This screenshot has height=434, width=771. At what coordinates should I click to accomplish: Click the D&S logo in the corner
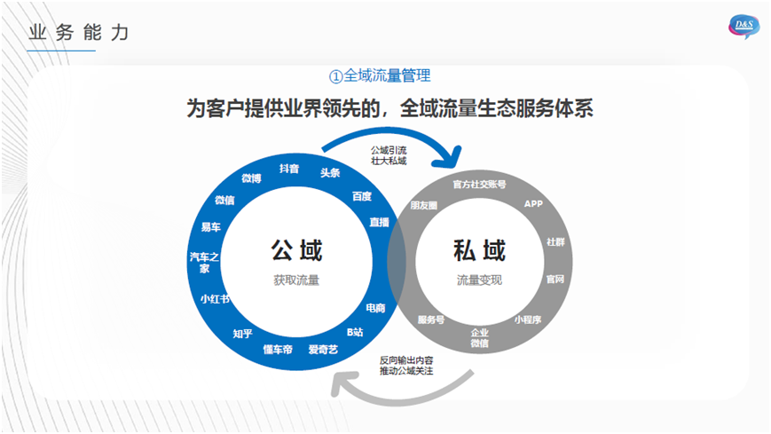743,27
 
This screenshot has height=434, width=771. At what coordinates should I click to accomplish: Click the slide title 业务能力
79,33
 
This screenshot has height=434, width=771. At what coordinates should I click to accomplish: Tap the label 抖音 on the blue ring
289,168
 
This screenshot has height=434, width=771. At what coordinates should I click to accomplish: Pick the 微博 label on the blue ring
251,178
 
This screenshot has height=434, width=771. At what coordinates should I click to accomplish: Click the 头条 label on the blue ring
330,173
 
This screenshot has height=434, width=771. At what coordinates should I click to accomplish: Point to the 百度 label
361,196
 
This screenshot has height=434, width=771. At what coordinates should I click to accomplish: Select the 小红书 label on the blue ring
215,299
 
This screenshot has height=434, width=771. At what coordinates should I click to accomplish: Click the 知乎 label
243,334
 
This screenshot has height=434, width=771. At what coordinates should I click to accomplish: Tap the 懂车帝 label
279,349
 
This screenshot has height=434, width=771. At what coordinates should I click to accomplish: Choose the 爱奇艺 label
323,349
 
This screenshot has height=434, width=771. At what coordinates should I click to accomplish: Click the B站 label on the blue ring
355,332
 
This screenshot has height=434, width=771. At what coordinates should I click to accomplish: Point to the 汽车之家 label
204,263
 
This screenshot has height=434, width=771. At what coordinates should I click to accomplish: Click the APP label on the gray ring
533,204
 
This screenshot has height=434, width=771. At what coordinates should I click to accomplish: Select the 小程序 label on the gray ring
528,320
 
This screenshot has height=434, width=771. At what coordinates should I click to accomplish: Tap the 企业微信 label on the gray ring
479,337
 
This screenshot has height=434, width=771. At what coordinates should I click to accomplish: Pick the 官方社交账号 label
479,185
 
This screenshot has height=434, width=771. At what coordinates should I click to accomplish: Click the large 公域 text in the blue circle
296,250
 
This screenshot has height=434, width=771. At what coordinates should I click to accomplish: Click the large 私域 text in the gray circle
479,251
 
